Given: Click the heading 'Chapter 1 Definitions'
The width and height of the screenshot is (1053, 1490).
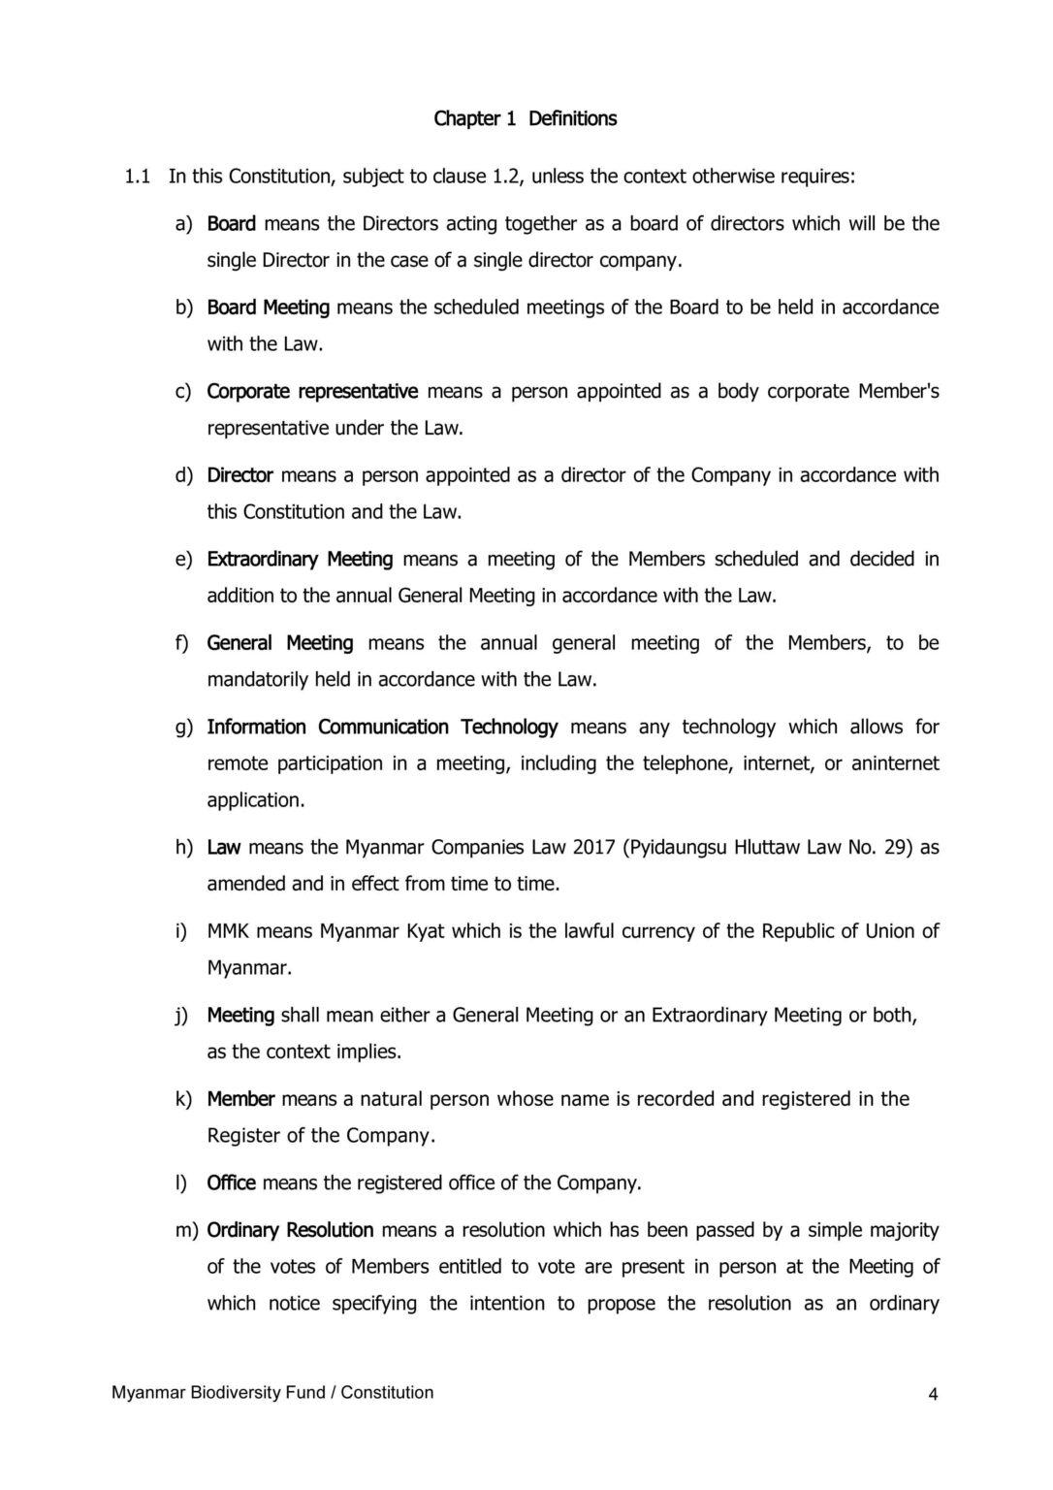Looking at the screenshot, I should click(525, 119).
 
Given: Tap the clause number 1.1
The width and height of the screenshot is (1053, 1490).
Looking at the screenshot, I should click(138, 177).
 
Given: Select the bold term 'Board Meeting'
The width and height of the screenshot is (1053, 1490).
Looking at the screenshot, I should click(269, 308).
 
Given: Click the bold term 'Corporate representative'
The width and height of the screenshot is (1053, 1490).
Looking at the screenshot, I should click(312, 392).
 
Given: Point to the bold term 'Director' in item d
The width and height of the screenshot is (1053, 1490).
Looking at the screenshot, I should click(240, 475).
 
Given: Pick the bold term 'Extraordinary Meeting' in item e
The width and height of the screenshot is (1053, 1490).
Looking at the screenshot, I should click(300, 560).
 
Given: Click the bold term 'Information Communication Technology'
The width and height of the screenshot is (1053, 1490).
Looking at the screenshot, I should click(382, 728).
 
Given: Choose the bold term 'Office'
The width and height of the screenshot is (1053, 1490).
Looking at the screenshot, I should click(231, 1183).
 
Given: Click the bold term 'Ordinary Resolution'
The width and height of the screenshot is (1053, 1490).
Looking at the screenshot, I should click(290, 1231).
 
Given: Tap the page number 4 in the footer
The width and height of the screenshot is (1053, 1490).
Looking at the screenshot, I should click(933, 1395).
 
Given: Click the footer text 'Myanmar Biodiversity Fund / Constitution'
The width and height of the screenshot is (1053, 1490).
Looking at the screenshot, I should click(272, 1393).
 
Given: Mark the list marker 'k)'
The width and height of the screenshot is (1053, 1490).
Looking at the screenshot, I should click(183, 1100).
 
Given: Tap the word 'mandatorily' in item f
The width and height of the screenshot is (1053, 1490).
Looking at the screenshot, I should click(257, 680).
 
